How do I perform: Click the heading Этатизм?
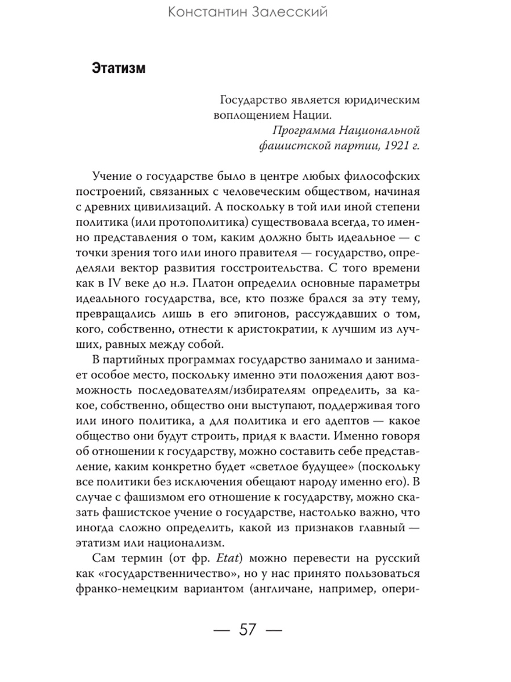(x=118, y=69)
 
